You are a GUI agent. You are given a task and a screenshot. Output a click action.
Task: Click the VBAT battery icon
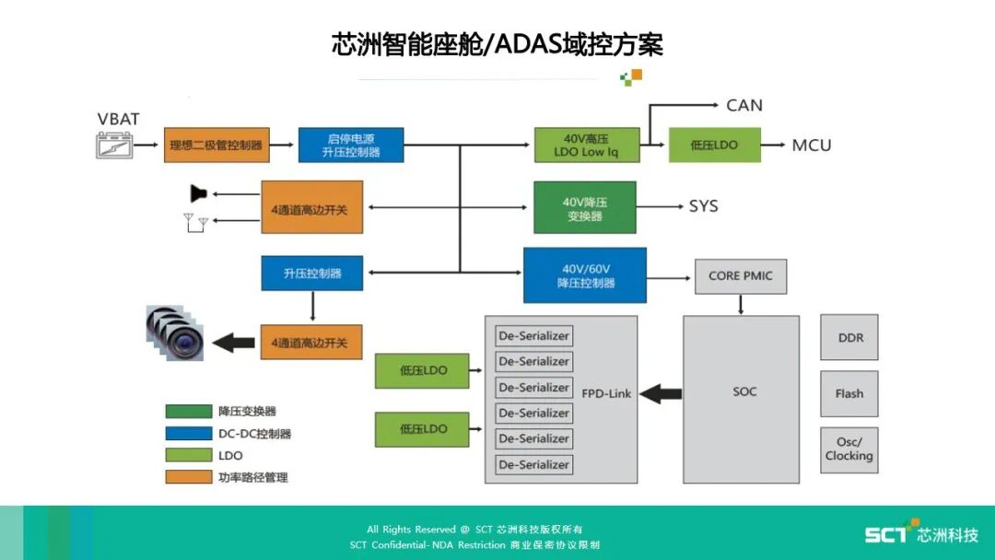(x=115, y=145)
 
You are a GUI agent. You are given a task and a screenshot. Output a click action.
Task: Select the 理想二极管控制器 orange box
(x=217, y=145)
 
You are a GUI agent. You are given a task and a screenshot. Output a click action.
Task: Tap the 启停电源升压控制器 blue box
(x=351, y=145)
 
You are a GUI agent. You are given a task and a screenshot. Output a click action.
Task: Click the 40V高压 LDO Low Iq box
(x=586, y=145)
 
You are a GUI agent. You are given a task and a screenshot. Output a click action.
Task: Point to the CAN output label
(x=744, y=105)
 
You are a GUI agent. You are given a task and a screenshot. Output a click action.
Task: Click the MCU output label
(x=811, y=145)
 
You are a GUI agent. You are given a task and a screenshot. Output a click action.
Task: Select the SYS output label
(x=703, y=205)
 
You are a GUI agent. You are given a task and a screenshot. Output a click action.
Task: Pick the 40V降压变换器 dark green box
(x=584, y=207)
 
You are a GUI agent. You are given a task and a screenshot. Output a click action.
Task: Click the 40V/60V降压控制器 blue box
(x=585, y=274)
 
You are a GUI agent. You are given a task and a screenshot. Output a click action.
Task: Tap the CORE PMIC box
(x=741, y=275)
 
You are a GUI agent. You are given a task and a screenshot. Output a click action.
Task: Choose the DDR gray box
(x=849, y=337)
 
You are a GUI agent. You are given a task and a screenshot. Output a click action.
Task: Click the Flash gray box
(x=849, y=393)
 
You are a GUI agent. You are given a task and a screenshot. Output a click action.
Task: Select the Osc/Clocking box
(x=849, y=449)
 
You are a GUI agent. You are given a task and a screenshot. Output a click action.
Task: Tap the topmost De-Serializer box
(x=534, y=335)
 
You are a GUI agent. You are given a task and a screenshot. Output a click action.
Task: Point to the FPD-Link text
(x=606, y=393)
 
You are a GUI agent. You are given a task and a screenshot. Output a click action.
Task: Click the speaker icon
(x=198, y=192)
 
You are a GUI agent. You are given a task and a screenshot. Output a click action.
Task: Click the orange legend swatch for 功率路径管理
(x=188, y=476)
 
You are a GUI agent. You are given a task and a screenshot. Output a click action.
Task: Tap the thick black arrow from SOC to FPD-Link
(x=660, y=393)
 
